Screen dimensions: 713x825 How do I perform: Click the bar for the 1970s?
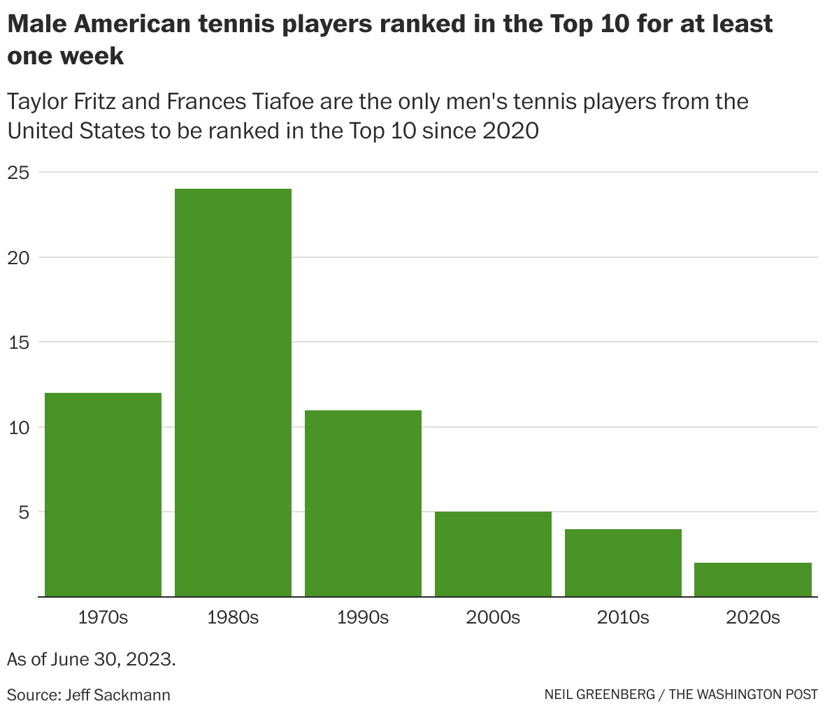tap(103, 494)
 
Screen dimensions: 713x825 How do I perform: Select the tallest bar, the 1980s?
tap(233, 392)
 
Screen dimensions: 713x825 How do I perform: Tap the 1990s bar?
tap(363, 503)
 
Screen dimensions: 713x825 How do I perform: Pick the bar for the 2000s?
tap(493, 554)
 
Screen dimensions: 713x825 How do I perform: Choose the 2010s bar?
tap(623, 563)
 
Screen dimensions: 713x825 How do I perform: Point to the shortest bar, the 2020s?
tap(753, 579)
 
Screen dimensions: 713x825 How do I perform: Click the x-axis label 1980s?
tap(233, 618)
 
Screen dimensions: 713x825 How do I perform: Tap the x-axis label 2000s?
tap(493, 618)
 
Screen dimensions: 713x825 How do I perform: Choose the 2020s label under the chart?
tap(753, 618)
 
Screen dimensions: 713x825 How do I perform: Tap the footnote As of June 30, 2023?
tap(91, 659)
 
